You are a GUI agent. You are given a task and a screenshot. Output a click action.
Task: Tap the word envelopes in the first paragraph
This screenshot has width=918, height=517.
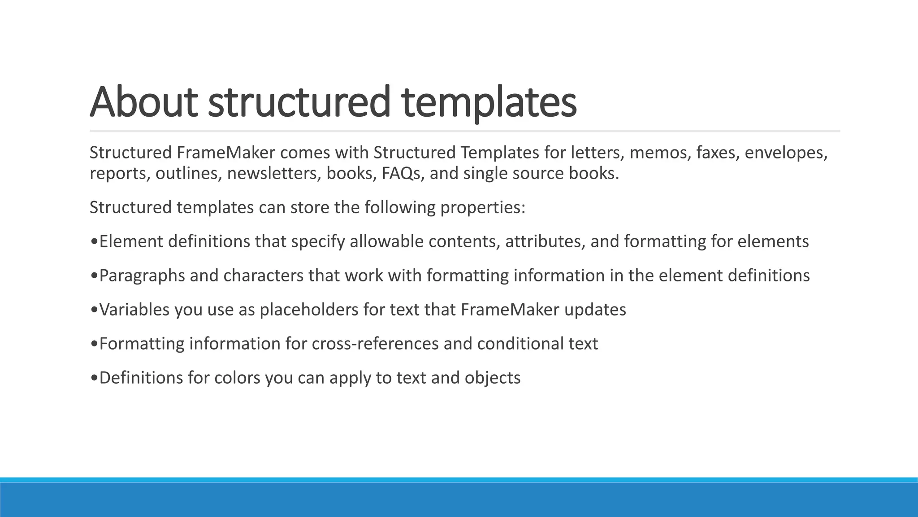pyautogui.click(x=786, y=153)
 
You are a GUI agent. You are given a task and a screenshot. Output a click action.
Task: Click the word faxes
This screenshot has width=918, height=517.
pyautogui.click(x=717, y=153)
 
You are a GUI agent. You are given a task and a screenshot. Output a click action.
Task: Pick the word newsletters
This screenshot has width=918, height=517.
pyautogui.click(x=274, y=174)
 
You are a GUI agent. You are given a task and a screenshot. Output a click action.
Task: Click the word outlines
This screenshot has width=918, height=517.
pyautogui.click(x=189, y=174)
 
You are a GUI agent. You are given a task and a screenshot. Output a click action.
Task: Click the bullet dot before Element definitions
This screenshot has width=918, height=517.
pyautogui.click(x=94, y=242)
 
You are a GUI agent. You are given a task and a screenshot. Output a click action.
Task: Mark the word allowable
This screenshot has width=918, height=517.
pyautogui.click(x=386, y=242)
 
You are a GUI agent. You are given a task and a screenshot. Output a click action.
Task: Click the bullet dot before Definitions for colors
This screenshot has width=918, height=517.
pyautogui.click(x=94, y=378)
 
